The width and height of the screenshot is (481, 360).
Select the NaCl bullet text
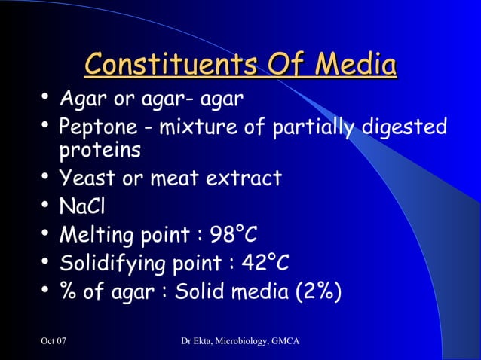79,206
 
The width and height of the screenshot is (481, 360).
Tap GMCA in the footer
287,343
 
